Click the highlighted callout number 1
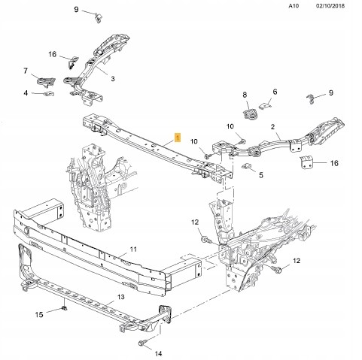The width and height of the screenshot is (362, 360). click(178, 138)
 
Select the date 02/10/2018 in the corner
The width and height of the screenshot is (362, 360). click(330, 5)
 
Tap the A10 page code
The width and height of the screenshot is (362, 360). click(294, 5)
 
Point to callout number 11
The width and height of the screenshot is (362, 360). click(133, 249)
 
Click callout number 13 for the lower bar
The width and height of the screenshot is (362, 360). click(121, 297)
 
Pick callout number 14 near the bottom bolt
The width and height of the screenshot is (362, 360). click(158, 353)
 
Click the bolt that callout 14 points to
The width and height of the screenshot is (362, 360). click(141, 343)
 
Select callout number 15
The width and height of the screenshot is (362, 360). click(39, 314)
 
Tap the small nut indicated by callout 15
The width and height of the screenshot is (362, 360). click(64, 307)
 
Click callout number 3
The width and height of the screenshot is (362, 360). click(113, 79)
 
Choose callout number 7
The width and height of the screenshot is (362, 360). click(26, 71)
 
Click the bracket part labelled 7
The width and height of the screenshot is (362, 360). click(46, 82)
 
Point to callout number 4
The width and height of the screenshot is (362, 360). click(26, 93)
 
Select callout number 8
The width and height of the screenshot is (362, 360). click(245, 95)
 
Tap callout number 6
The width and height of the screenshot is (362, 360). click(275, 92)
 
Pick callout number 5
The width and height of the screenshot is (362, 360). click(261, 175)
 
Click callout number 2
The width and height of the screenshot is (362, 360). click(272, 127)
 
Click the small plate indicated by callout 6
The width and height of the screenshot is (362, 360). click(265, 106)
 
